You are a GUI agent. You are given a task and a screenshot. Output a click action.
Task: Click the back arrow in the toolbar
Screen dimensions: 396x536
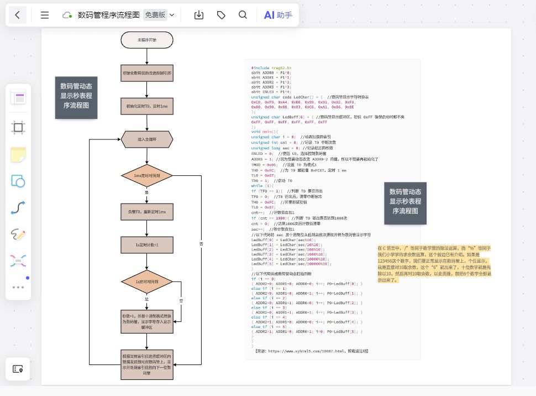click(18, 15)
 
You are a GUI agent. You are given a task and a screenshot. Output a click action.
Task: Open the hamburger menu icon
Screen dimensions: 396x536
click(45, 15)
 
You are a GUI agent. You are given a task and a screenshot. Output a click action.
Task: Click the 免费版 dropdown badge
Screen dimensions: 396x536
click(159, 15)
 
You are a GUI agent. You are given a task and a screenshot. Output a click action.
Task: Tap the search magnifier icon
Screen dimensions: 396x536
click(243, 15)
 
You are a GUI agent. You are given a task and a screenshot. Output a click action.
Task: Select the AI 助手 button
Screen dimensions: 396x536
click(278, 15)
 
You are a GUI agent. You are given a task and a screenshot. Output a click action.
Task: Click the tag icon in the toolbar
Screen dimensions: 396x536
click(221, 15)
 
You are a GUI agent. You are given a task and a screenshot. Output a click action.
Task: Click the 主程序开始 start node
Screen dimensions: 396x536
click(147, 40)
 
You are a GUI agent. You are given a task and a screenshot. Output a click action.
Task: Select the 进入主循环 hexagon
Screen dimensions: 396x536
click(147, 140)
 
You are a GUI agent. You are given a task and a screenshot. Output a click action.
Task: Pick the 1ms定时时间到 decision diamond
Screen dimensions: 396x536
click(147, 176)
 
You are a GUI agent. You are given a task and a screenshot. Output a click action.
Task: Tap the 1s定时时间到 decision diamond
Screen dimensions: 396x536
click(147, 282)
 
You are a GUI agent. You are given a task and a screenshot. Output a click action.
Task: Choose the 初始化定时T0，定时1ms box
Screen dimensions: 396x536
click(147, 106)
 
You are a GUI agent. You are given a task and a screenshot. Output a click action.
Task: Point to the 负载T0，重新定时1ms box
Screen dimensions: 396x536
click(147, 211)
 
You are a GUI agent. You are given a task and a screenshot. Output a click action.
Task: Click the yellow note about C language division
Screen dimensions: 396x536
click(434, 264)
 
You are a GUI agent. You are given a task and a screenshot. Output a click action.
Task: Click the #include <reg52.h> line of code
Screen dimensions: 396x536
click(271, 67)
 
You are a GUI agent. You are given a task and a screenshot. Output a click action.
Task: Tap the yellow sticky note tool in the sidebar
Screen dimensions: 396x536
click(18, 154)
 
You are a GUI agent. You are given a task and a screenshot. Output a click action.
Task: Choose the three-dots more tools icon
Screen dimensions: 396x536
click(18, 287)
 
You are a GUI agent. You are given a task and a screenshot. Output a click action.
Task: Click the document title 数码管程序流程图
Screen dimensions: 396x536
click(108, 15)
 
